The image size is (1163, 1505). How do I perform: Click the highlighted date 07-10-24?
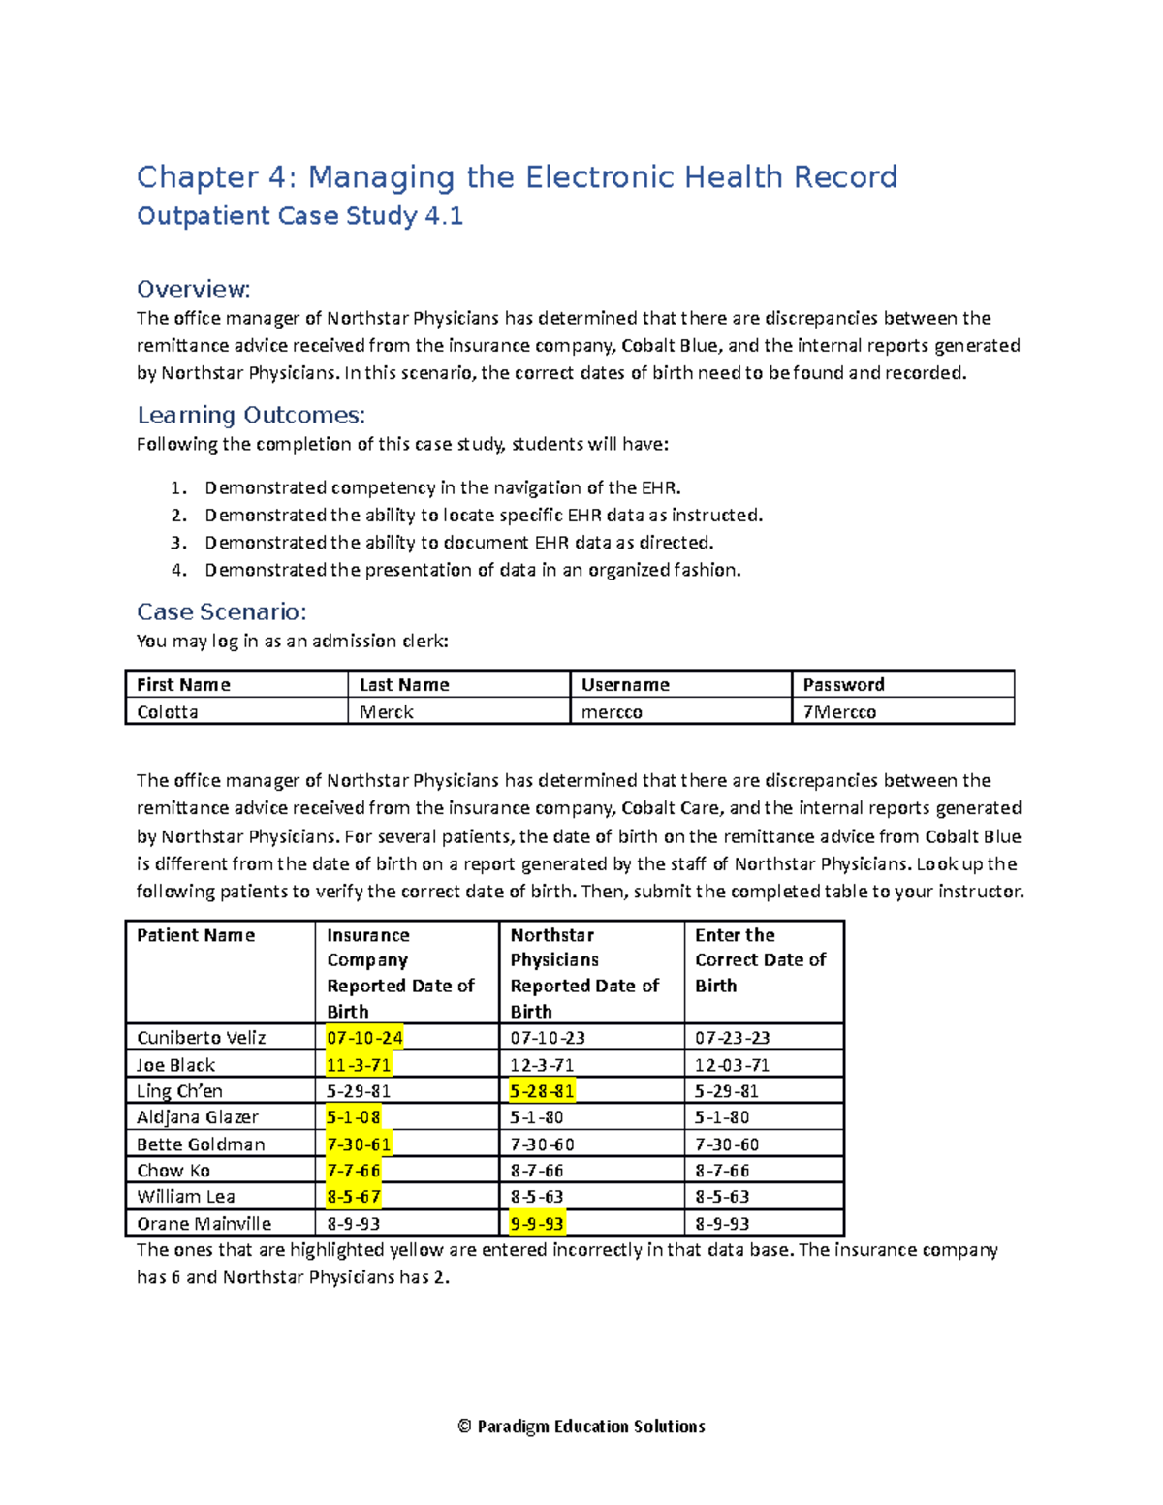pyautogui.click(x=364, y=1038)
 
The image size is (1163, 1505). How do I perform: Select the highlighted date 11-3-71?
pyautogui.click(x=359, y=1065)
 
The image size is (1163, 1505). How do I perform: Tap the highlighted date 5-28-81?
pyautogui.click(x=542, y=1091)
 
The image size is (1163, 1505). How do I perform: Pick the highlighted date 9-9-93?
pyautogui.click(x=537, y=1224)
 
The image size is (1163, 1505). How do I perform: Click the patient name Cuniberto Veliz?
pyautogui.click(x=201, y=1038)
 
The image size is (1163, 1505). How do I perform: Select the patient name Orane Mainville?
pyautogui.click(x=204, y=1224)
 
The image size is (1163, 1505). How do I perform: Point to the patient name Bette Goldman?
pyautogui.click(x=201, y=1144)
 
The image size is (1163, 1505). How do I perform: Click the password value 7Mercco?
pyautogui.click(x=839, y=712)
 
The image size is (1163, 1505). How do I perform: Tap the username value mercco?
pyautogui.click(x=612, y=712)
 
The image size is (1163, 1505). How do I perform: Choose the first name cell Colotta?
pyautogui.click(x=168, y=712)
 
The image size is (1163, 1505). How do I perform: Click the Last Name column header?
pyautogui.click(x=404, y=685)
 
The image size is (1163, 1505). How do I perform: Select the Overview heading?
pyautogui.click(x=194, y=289)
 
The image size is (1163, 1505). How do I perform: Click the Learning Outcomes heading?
pyautogui.click(x=251, y=415)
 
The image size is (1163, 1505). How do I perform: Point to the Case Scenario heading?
pyautogui.click(x=221, y=611)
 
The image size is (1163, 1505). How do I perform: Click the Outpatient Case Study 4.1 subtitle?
pyautogui.click(x=299, y=216)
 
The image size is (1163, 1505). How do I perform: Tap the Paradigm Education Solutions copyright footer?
pyautogui.click(x=581, y=1427)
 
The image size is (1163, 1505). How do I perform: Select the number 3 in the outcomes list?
pyautogui.click(x=178, y=543)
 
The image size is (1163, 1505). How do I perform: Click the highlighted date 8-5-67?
pyautogui.click(x=354, y=1197)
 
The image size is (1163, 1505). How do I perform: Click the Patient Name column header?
pyautogui.click(x=196, y=935)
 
